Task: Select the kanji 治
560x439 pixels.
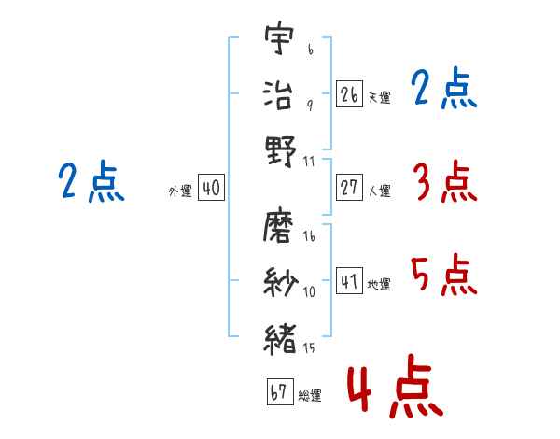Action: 280,94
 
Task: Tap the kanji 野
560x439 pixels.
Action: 280,149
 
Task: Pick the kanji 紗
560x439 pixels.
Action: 280,280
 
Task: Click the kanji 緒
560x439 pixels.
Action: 280,335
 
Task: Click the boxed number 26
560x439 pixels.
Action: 350,93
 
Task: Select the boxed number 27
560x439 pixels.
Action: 350,188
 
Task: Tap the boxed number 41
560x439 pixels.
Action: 350,281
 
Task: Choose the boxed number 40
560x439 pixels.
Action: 211,189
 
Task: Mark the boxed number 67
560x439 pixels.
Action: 279,392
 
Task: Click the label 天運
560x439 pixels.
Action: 379,97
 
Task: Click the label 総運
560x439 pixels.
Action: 310,396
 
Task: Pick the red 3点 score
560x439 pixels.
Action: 443,181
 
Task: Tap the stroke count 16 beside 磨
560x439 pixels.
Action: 310,237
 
